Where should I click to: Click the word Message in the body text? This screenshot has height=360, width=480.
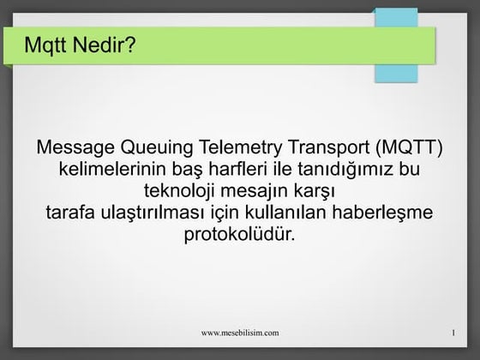(75, 147)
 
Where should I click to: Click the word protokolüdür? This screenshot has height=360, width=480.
(239, 232)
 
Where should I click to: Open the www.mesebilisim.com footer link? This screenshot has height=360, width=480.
(239, 331)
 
